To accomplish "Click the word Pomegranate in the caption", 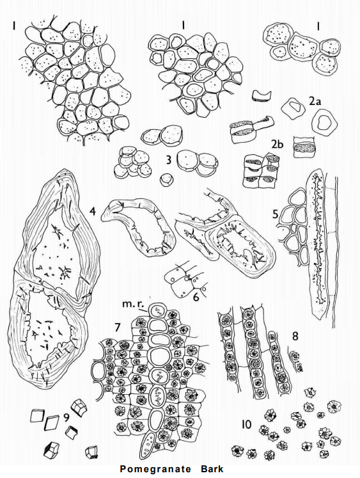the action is [155, 469].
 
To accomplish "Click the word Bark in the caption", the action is [212, 468].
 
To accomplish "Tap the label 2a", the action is [315, 102].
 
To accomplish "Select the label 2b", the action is [277, 145].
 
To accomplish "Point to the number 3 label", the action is [169, 160].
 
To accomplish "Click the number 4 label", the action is [93, 211].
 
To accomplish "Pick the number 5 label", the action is [276, 214].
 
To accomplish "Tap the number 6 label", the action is [196, 297].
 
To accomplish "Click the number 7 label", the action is [118, 327].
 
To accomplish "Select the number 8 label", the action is [295, 336].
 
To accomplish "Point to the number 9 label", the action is [66, 417].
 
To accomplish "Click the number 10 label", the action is [246, 424].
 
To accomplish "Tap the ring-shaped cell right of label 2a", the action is [324, 123].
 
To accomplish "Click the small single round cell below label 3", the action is [167, 180].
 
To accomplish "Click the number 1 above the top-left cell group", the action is [13, 26].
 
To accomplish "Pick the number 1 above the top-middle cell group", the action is [183, 25].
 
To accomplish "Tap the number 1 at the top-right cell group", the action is [318, 27].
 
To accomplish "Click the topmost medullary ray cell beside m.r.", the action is [157, 310].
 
